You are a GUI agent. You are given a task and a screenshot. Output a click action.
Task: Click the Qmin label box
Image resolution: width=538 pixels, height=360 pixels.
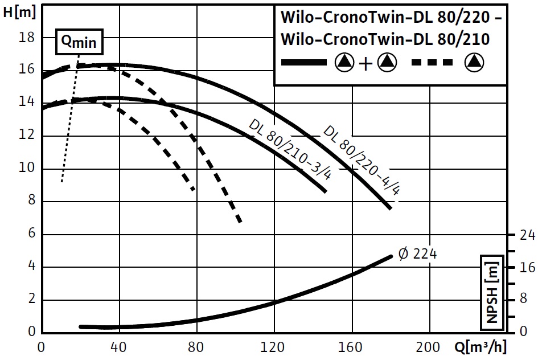click(79, 42)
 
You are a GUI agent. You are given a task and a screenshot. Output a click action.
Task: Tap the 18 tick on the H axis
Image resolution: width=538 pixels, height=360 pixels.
click(27, 37)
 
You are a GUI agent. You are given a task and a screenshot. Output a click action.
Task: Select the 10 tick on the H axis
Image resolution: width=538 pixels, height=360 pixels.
click(27, 169)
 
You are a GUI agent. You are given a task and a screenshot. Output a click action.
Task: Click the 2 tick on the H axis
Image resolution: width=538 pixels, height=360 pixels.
click(31, 300)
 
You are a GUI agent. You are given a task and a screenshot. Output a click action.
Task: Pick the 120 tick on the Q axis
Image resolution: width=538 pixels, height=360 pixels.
click(274, 347)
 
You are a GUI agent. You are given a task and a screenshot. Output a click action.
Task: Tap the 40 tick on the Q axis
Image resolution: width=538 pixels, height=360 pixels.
click(119, 347)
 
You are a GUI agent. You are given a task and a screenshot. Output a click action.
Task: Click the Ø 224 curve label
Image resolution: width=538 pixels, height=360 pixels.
click(418, 254)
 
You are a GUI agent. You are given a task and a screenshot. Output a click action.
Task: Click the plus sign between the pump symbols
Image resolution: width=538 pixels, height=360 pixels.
click(365, 63)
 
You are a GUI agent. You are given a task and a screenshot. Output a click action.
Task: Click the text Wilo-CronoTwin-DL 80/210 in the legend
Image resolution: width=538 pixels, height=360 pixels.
click(385, 39)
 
